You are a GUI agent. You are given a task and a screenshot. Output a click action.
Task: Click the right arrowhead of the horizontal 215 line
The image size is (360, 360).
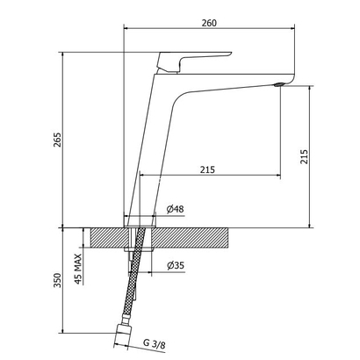(x=279, y=172)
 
